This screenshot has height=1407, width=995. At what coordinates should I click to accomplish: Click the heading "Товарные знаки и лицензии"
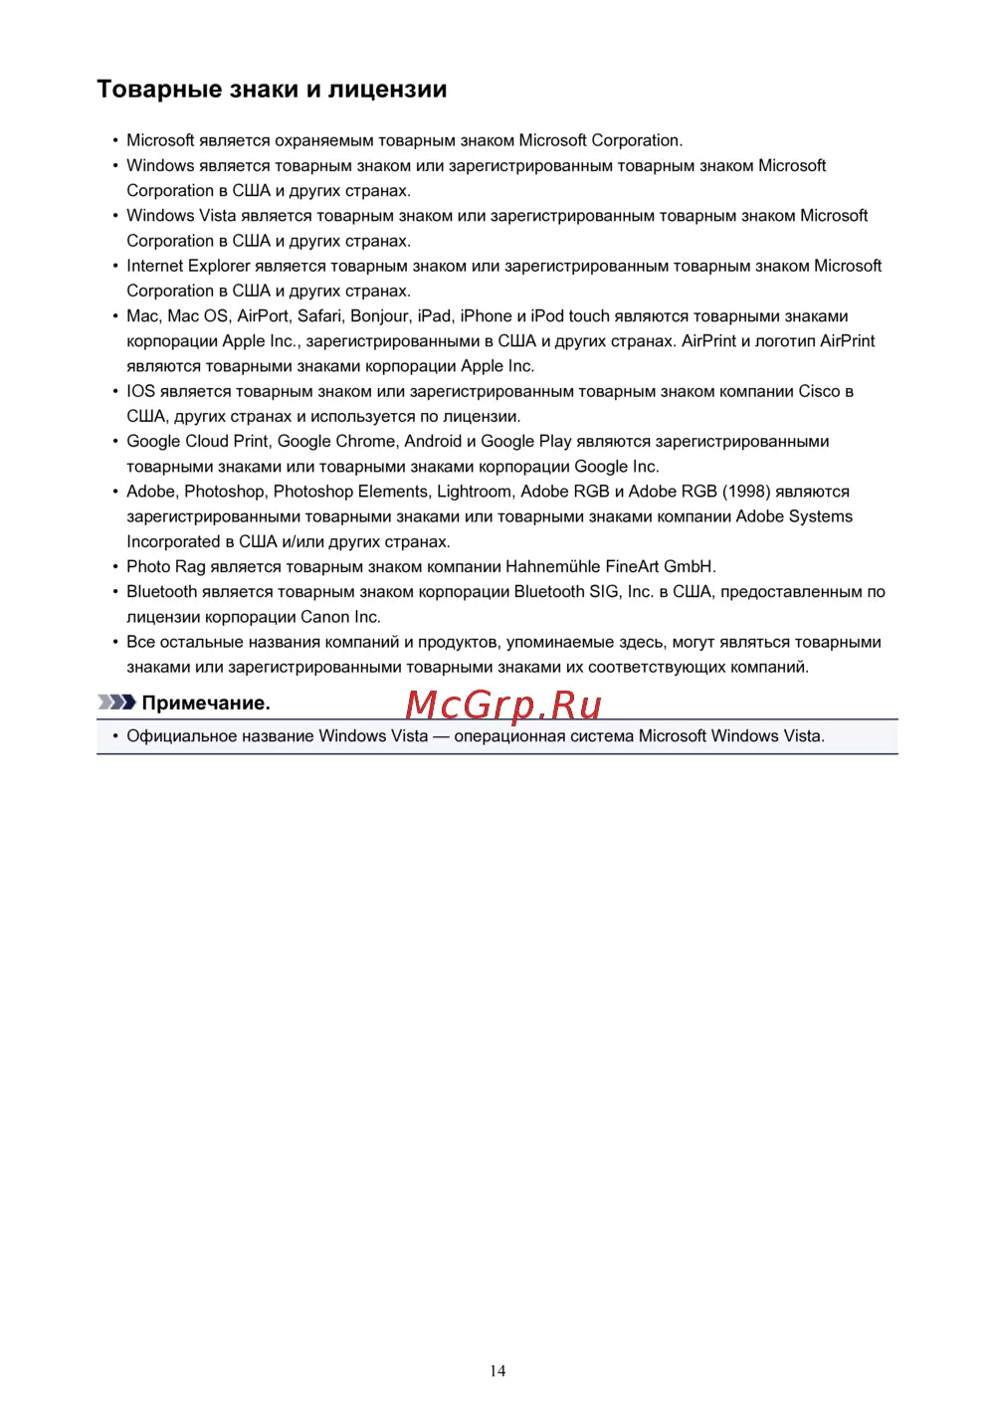pos(272,90)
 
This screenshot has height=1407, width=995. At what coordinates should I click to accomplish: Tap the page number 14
pos(497,1371)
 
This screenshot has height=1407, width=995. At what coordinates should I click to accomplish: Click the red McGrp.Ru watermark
pos(503,704)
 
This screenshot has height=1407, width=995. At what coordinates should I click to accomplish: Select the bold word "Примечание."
pos(206,703)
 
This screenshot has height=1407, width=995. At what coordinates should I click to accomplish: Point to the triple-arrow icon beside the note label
pos(116,703)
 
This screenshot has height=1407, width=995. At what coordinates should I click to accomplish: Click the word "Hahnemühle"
pos(552,566)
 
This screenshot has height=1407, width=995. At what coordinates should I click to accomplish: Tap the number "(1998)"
pos(746,492)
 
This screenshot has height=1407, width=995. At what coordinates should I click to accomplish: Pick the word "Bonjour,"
pos(380,315)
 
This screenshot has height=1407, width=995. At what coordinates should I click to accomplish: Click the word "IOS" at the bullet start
pos(140,391)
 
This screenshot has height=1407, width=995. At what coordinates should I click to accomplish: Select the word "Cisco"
pos(819,391)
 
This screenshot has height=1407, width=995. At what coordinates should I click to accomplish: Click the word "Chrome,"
pos(367,441)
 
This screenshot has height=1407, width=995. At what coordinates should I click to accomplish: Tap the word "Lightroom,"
pos(475,492)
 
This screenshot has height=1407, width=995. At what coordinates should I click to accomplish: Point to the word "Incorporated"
pos(173,541)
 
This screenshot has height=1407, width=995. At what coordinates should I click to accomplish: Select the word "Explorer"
pos(219,266)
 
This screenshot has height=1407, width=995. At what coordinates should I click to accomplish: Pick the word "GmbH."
pos(690,566)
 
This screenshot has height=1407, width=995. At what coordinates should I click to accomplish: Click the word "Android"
pos(433,441)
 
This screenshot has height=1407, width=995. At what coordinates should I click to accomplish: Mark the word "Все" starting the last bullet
pos(140,642)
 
